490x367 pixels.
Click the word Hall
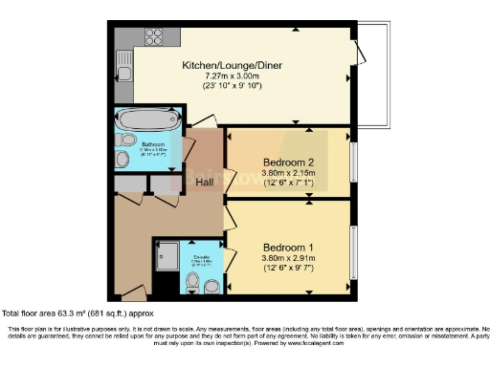pyautogui.click(x=204, y=183)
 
